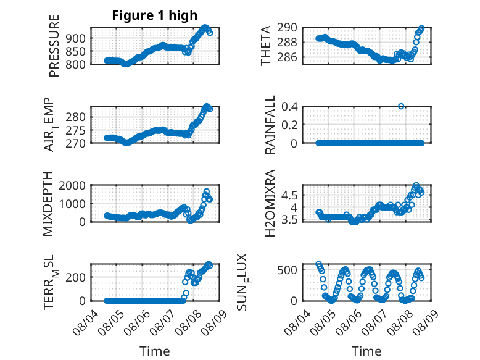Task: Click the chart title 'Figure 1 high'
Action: click(155, 15)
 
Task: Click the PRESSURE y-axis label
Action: click(54, 46)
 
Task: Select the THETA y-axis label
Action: click(266, 46)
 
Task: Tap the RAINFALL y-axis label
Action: click(270, 125)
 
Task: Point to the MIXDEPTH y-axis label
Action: click(48, 204)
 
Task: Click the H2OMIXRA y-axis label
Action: click(270, 203)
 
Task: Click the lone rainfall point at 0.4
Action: click(401, 106)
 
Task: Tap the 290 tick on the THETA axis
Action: click(287, 28)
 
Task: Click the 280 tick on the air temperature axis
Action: click(76, 117)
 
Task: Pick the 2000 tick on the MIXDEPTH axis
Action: click(72, 185)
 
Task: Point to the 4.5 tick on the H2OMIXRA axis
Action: click(289, 195)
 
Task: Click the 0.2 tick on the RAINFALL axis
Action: click(289, 125)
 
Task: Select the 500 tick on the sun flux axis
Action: click(287, 270)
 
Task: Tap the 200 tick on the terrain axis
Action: click(76, 277)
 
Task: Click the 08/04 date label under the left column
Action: click(86, 322)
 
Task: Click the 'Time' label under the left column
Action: click(155, 351)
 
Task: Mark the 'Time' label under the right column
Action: click(366, 351)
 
